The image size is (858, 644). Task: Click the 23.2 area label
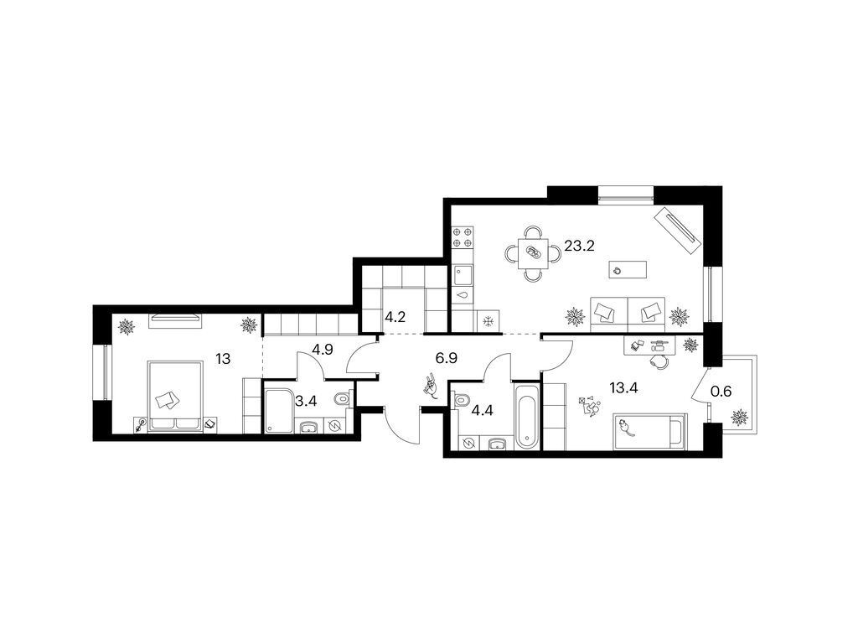point(579,246)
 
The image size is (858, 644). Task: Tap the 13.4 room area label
point(623,388)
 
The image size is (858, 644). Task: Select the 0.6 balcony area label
point(721,392)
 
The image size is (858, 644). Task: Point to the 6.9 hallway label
point(446,359)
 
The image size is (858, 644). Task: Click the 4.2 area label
point(395,317)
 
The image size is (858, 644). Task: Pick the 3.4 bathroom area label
point(306,402)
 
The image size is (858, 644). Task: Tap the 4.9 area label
point(323,350)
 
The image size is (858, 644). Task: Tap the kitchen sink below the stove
point(463,275)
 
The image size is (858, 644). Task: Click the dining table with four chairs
point(533,253)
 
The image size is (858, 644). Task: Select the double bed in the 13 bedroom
point(175,396)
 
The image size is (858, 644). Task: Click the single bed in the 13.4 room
point(649,431)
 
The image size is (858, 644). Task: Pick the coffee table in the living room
point(628,269)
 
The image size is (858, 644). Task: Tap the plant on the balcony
point(740,418)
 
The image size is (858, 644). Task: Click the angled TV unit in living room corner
point(677,230)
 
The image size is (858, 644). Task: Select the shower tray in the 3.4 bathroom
point(279,411)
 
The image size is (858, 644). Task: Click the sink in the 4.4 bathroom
point(497,443)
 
